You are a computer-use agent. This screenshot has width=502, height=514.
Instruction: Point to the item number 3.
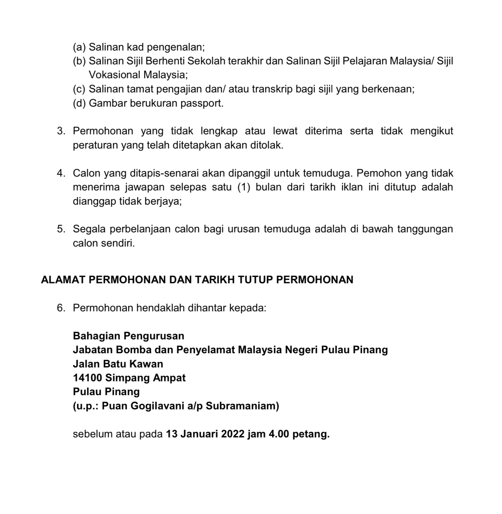(61, 131)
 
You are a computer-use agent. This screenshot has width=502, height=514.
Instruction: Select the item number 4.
(61, 173)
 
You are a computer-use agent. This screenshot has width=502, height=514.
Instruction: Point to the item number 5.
(61, 229)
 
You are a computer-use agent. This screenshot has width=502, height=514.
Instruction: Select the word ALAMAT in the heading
(63, 280)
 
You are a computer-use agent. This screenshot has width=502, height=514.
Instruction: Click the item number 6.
(61, 308)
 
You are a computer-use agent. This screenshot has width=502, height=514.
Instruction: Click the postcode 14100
(88, 378)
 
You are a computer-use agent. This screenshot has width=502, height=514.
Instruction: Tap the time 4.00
(279, 434)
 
